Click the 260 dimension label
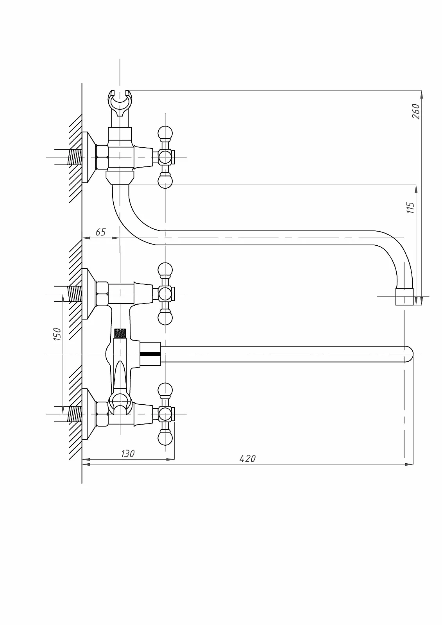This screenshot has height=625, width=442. pos(416,111)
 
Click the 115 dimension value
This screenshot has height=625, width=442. pos(410,207)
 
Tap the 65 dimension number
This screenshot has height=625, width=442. pos(100,232)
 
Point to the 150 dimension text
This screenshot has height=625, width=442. pos(57,334)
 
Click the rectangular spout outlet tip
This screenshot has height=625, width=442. pos(404,296)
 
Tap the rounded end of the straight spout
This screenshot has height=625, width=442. pos(409,354)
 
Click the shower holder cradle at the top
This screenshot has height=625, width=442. pos(120,104)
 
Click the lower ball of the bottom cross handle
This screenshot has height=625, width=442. pos(165,438)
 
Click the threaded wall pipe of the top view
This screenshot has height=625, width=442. pos(75,157)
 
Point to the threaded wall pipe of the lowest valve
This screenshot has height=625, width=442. pos(75,414)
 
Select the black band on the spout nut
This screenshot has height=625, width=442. pos(150,354)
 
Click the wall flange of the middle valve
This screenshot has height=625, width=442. pos(89,293)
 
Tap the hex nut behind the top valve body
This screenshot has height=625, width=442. pos(102,157)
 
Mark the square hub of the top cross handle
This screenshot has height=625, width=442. pos(165,157)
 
